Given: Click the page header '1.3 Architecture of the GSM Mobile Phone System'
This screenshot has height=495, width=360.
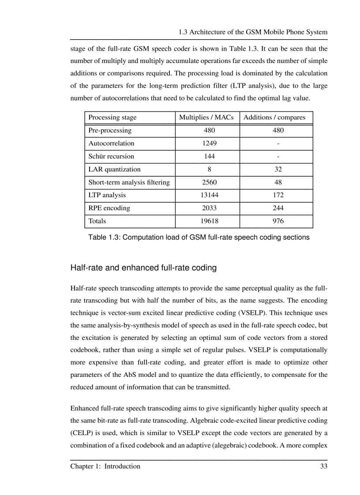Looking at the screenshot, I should (253, 32).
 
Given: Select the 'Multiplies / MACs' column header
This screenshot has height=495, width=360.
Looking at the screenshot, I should (207, 117).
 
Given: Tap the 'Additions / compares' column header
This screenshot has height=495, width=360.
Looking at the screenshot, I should (274, 117).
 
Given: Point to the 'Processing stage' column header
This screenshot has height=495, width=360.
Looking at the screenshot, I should (112, 117).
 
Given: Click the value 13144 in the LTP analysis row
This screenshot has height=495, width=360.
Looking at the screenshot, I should (207, 195).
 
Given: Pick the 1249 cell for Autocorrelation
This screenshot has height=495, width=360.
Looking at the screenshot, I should (207, 143).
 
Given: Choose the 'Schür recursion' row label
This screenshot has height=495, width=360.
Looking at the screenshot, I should (111, 156).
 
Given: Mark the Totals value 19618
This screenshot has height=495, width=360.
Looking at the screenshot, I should (207, 221).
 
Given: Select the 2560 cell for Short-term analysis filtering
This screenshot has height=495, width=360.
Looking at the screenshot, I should (207, 182).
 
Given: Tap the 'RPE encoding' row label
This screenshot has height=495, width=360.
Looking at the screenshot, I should (109, 208).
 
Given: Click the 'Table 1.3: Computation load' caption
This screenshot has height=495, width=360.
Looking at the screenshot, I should (199, 237).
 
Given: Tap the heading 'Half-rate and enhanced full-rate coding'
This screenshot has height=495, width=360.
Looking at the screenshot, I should (143, 268).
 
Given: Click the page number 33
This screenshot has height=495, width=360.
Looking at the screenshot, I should (323, 466).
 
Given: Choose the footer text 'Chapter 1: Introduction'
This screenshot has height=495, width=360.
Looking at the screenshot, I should (105, 466).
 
